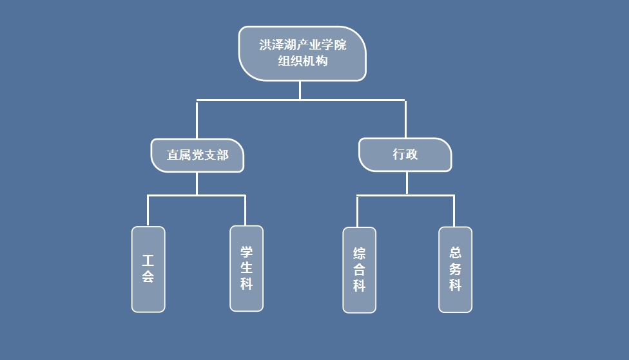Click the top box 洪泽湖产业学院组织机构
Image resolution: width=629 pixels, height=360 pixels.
tap(302, 53)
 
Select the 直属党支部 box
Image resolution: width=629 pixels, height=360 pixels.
tap(197, 155)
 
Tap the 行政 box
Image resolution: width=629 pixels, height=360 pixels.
tap(405, 155)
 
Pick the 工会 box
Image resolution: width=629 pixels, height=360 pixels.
tap(148, 269)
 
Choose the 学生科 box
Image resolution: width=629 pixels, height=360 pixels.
tap(247, 268)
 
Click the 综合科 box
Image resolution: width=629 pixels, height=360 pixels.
tap(359, 270)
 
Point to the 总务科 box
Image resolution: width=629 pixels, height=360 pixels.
tap(456, 269)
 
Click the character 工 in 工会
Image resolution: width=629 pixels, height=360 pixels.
tap(148, 261)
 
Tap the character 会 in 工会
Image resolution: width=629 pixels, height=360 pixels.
tap(148, 278)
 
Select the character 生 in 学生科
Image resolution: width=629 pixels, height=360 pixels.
tap(247, 268)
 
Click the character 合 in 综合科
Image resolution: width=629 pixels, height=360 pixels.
tap(359, 270)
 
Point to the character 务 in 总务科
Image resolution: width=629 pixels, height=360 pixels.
tap(456, 269)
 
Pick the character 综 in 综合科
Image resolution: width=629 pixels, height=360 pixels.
tap(359, 253)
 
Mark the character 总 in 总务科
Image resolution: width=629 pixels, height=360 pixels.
tap(456, 252)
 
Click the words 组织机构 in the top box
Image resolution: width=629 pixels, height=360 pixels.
tap(303, 62)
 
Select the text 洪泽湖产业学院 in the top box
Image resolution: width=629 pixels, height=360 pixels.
tap(303, 46)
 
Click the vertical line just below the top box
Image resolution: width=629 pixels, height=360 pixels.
tap(300, 90)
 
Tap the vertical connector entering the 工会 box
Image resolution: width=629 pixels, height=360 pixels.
tap(148, 211)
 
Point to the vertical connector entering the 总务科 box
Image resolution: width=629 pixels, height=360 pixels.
tap(454, 211)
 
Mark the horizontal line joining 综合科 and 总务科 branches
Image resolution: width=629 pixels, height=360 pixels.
tap(406, 195)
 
